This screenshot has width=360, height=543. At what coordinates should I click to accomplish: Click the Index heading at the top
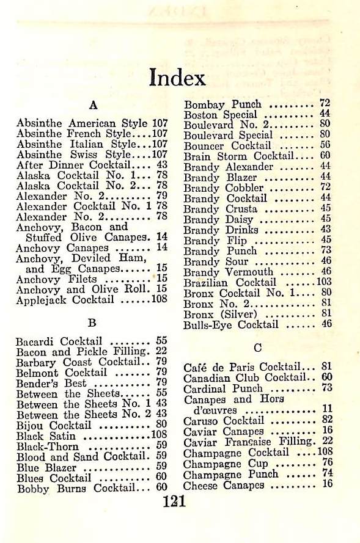point(177,78)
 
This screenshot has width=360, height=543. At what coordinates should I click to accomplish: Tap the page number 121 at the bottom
point(174,502)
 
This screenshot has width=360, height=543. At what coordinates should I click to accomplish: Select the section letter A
point(94,104)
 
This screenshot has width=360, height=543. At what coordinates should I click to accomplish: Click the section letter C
point(257,348)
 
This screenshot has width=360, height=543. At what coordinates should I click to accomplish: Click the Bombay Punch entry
point(222,104)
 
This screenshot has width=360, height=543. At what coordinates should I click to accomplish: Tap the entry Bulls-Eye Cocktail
point(231,325)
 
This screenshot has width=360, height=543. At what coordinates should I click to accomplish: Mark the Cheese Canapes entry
point(224,485)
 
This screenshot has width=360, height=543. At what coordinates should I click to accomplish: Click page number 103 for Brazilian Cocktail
point(323,283)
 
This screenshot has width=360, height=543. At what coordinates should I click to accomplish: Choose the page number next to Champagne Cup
point(326,464)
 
